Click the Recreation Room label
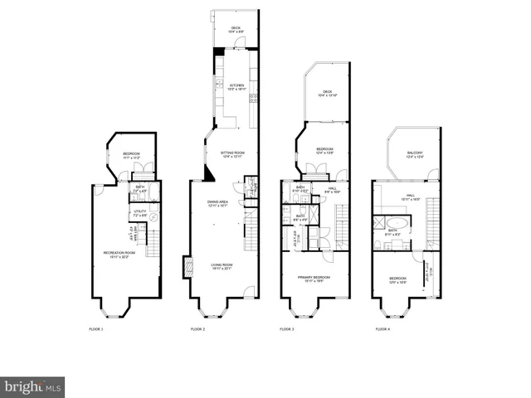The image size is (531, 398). [115, 254]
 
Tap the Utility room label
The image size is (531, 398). [139, 214]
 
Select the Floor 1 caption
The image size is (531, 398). [96, 329]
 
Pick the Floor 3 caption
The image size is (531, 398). [286, 329]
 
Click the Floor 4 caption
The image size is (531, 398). [381, 329]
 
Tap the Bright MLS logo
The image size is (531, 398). [32, 386]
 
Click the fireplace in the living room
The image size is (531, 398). [187, 267]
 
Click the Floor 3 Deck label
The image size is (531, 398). [327, 94]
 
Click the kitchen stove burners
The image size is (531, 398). [253, 99]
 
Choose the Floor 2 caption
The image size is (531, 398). [197, 329]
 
